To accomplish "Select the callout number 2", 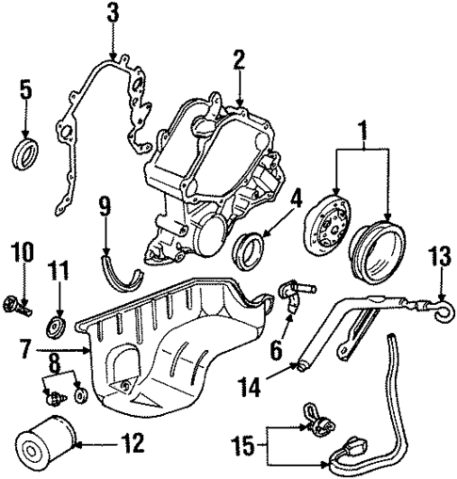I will (x=239, y=61).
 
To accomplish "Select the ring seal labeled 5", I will (x=25, y=152).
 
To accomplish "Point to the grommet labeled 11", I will (x=58, y=328).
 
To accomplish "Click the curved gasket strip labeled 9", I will (x=117, y=268).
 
